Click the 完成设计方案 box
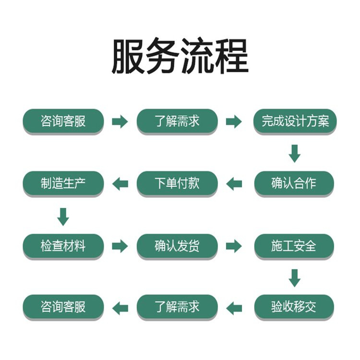click(x=294, y=121)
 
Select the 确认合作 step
click(x=294, y=183)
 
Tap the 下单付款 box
click(x=177, y=183)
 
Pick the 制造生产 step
click(x=63, y=183)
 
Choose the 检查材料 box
click(x=63, y=246)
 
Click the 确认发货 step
click(x=177, y=246)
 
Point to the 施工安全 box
click(x=294, y=246)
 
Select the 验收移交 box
click(x=294, y=307)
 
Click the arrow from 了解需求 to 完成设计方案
click(x=234, y=121)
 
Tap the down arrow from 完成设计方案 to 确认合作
click(x=294, y=153)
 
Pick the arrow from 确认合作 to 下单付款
click(x=234, y=183)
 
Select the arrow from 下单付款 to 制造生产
click(x=120, y=183)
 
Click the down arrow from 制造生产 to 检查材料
click(x=63, y=216)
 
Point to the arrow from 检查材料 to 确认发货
click(x=120, y=246)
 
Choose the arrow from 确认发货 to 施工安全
click(x=234, y=246)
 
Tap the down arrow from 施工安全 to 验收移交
click(x=294, y=277)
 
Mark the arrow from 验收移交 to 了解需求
click(x=234, y=308)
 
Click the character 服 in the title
click(x=129, y=57)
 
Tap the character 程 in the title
click(x=232, y=57)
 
